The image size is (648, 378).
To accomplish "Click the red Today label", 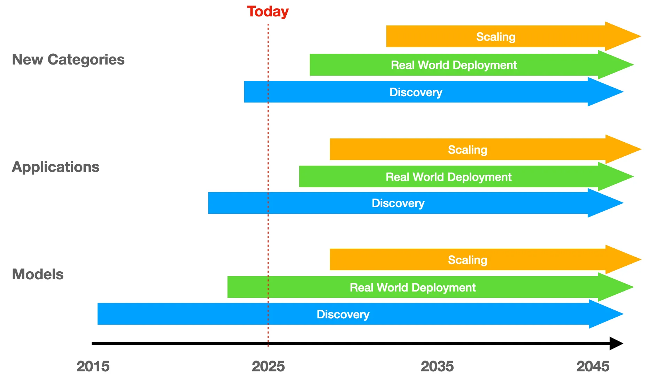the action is click(268, 12).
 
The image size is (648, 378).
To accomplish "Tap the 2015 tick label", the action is click(93, 366).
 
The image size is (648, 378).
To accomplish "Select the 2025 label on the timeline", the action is click(268, 366).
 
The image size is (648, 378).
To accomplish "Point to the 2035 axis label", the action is click(437, 366).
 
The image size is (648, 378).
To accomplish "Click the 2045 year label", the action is click(593, 366).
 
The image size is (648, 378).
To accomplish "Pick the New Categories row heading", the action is click(68, 60).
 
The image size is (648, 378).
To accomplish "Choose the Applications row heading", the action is click(56, 167).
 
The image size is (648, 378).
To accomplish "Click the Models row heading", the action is click(38, 274).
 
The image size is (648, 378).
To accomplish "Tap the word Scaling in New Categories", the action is click(496, 37).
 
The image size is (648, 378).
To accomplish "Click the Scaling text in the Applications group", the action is click(468, 150).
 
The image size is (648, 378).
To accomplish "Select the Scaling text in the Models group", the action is click(468, 260).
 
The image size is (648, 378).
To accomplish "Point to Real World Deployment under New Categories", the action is click(454, 65).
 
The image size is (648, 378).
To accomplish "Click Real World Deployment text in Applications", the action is click(449, 177).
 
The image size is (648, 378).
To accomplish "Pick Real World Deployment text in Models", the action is click(413, 288).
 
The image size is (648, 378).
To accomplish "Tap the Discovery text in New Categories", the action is click(416, 92).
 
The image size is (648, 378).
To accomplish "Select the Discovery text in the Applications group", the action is click(398, 203).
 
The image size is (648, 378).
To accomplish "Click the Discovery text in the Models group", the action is click(343, 315).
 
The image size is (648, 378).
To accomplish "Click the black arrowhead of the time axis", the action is click(616, 343).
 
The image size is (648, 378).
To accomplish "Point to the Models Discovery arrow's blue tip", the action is click(623, 314).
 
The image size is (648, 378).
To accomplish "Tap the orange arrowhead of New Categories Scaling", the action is click(641, 36).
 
